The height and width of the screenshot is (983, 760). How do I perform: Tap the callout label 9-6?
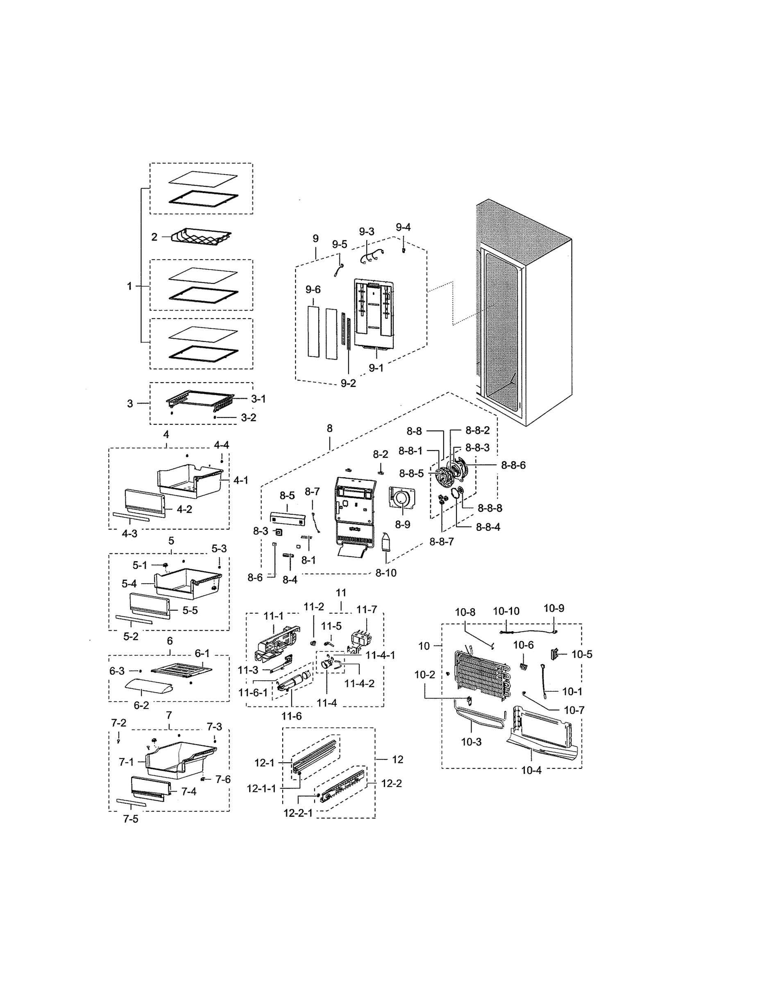click(313, 290)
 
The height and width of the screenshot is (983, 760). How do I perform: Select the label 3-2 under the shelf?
click(249, 418)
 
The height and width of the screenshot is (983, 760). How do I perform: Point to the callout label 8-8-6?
click(513, 465)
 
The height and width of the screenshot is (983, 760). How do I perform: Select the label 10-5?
click(582, 655)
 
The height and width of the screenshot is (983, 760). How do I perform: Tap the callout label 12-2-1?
click(297, 813)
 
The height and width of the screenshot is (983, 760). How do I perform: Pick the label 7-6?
click(222, 779)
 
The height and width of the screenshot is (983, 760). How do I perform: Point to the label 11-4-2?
click(359, 683)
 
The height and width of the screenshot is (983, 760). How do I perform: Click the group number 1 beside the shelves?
click(129, 286)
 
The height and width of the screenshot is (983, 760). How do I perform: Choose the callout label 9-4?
click(403, 227)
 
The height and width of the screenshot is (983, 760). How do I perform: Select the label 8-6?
click(255, 578)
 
